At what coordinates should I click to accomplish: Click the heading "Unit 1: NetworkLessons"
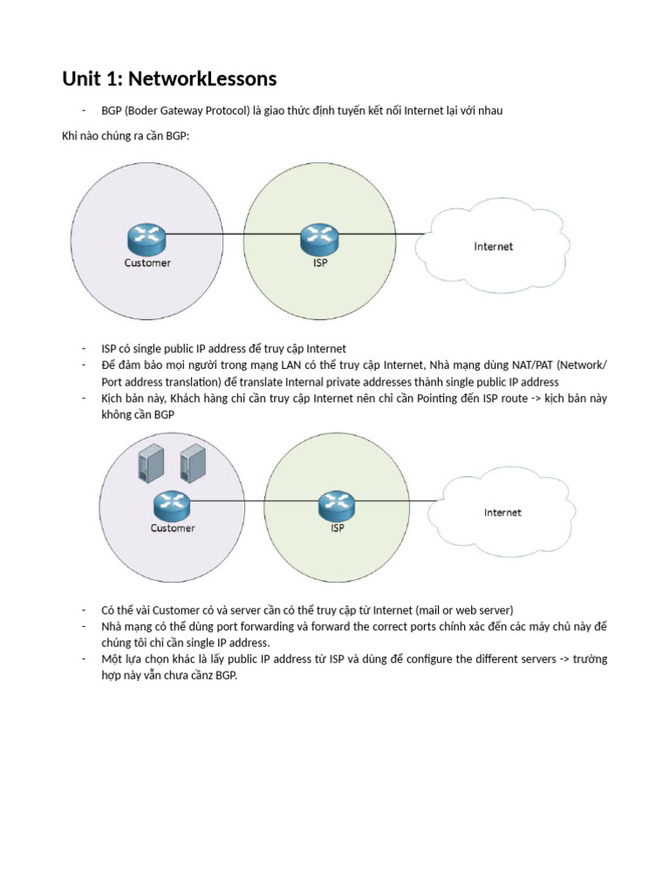click(169, 79)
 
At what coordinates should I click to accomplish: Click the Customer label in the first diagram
click(147, 262)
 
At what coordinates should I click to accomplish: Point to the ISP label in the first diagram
click(320, 262)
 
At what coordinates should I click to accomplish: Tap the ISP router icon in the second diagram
click(335, 503)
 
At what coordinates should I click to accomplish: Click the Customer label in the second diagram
click(173, 528)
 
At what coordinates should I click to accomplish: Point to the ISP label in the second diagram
click(338, 528)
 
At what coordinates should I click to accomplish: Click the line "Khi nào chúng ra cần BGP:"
click(125, 138)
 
